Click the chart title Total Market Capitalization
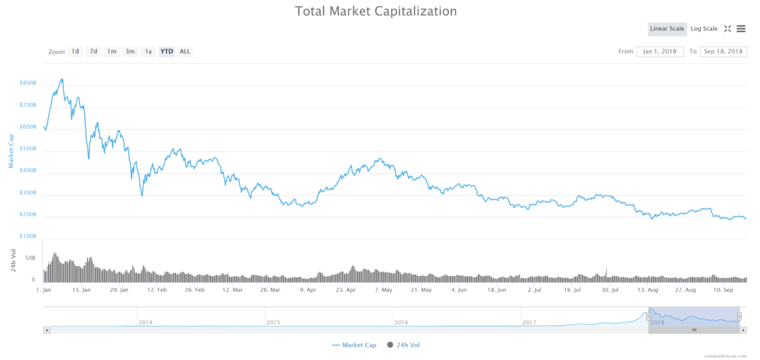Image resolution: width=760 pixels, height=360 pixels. click(x=376, y=11)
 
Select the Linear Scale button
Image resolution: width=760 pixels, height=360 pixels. click(x=667, y=29)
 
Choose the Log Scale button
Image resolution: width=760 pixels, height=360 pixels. click(x=704, y=29)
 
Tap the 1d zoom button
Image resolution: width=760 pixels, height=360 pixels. click(x=75, y=51)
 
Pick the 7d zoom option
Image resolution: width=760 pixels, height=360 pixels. click(x=93, y=51)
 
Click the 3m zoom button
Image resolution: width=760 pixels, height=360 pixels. click(x=130, y=51)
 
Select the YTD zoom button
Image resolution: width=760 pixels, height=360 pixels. click(x=167, y=51)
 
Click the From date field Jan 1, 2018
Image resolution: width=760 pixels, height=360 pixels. click(x=660, y=51)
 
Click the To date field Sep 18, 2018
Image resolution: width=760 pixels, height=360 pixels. click(x=723, y=51)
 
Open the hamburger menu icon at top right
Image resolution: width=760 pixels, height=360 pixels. click(x=741, y=29)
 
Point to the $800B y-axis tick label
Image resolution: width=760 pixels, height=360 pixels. click(x=28, y=83)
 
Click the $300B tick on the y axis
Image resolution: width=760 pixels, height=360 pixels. click(x=28, y=193)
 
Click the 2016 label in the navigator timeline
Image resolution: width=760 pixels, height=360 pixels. click(x=401, y=323)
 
